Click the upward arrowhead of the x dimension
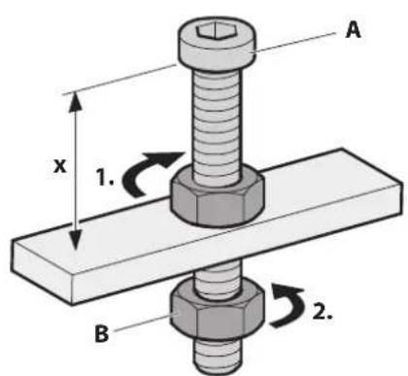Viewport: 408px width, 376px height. click(71, 99)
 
